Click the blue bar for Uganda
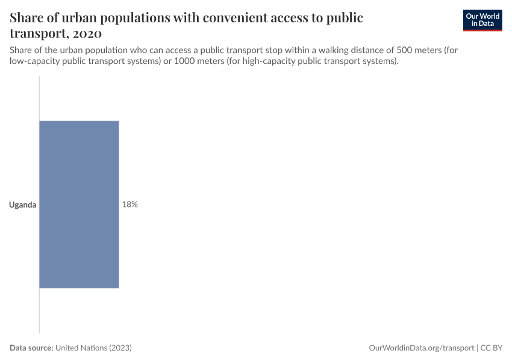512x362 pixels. (x=79, y=205)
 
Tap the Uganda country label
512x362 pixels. (x=23, y=205)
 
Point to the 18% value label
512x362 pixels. (x=130, y=205)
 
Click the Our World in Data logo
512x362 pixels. (x=482, y=20)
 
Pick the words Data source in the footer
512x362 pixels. (x=31, y=348)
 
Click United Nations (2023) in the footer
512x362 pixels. (x=93, y=348)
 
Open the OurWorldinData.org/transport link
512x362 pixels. (x=421, y=348)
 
